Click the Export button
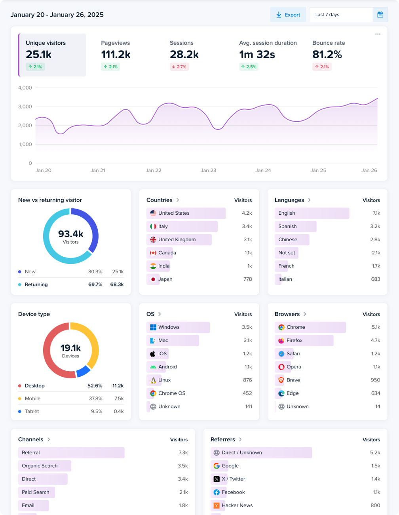pos(288,15)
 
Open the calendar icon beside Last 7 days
pos(380,15)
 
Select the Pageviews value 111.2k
pos(116,55)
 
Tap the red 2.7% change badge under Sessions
pos(179,67)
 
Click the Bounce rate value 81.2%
pos(327,55)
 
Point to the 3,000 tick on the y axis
pos(25,107)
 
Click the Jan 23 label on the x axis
pos(208,170)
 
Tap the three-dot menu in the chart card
pos(378,34)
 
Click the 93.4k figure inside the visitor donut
pos(70,234)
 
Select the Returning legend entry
pos(36,284)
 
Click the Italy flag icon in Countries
pos(153,226)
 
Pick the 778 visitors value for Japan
pos(247,279)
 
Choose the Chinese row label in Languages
pos(288,240)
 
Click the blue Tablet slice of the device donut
pos(83,371)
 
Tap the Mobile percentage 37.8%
pos(95,399)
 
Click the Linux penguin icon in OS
pos(153,380)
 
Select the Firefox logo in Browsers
pos(281,341)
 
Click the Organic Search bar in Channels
pos(44,466)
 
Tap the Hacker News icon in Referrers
pos(217,505)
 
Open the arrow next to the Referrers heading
pos(240,439)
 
